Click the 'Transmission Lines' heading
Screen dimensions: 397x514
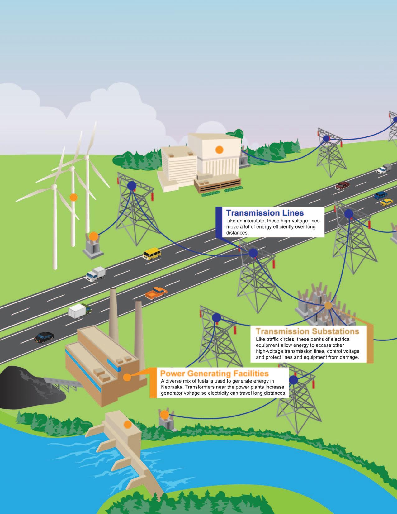[265, 213]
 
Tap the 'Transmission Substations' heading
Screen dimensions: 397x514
[307, 331]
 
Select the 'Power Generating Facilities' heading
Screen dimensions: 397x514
[214, 373]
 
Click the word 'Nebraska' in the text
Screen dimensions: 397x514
[173, 387]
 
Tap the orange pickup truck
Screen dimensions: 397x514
[156, 293]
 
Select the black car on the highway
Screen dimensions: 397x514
[44, 337]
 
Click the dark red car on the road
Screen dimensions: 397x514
[342, 185]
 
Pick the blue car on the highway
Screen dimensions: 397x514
[380, 195]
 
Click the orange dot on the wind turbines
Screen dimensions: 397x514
[73, 197]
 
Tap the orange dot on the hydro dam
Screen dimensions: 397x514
[127, 424]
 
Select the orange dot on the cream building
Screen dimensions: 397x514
[220, 150]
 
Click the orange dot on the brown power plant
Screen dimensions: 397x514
[127, 377]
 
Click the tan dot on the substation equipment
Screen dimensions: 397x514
[328, 306]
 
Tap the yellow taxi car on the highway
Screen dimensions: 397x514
[386, 202]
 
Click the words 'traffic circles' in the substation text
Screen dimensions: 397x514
[279, 339]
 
